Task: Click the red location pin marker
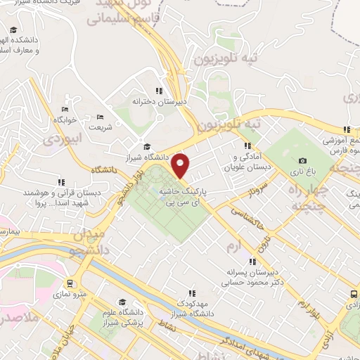click(x=181, y=166)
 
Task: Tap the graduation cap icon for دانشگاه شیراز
click(x=146, y=146)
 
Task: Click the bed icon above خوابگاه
click(x=65, y=109)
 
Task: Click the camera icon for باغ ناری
click(x=302, y=161)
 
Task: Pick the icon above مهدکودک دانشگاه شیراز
click(x=191, y=292)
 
